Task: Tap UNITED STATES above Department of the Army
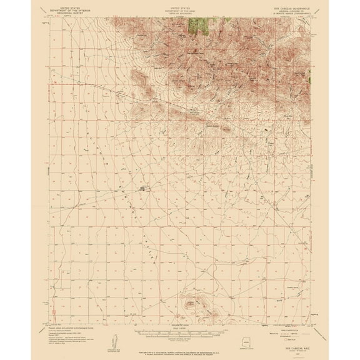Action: (181, 7)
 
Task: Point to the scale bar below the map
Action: (180, 326)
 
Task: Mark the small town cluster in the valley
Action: (145, 187)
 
